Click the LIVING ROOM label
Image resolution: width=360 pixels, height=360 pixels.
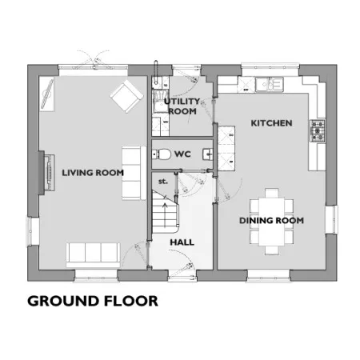tap(93, 173)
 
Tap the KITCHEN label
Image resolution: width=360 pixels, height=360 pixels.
tap(271, 123)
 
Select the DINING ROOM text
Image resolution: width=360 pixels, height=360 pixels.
tap(271, 221)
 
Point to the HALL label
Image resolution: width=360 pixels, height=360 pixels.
tap(182, 242)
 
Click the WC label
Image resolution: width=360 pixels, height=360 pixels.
tap(182, 154)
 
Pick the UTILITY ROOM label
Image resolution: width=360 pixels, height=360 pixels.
tap(182, 106)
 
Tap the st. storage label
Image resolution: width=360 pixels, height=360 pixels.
tap(163, 182)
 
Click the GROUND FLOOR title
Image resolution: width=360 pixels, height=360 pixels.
tap(93, 301)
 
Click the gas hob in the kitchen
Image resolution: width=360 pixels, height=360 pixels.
tap(318, 130)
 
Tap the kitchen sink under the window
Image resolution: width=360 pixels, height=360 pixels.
tap(269, 84)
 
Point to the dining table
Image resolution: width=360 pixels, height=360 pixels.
tap(272, 222)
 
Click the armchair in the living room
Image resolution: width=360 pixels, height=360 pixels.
tap(126, 96)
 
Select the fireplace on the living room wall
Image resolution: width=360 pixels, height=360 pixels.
tap(47, 173)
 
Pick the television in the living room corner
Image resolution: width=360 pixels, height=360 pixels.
tap(47, 94)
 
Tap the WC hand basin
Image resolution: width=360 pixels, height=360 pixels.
tap(208, 154)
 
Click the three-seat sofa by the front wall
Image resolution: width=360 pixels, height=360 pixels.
tap(93, 255)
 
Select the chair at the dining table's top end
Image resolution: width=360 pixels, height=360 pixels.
tap(272, 193)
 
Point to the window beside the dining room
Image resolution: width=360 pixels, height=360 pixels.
tap(331, 220)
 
